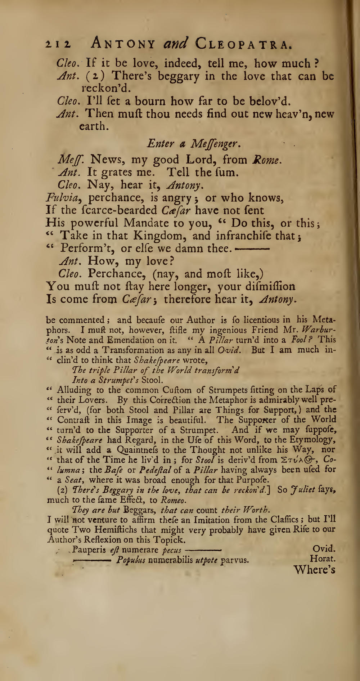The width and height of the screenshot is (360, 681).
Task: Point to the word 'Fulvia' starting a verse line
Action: point(64,198)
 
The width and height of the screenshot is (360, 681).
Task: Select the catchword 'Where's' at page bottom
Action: point(314,569)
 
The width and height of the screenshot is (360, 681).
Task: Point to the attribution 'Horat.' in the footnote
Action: point(323,560)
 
